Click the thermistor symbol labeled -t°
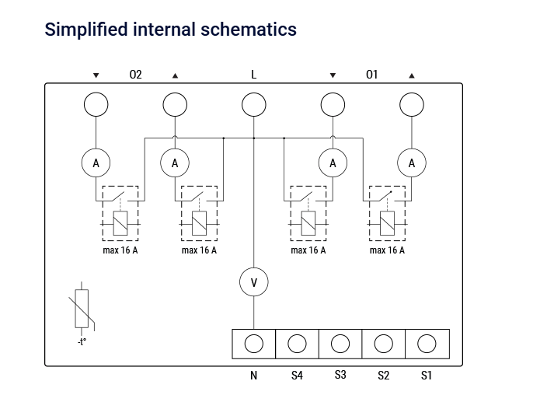pyautogui.click(x=82, y=309)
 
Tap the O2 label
pyautogui.click(x=135, y=75)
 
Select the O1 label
pyautogui.click(x=372, y=75)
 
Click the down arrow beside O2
pyautogui.click(x=96, y=75)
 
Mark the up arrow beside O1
pyautogui.click(x=412, y=75)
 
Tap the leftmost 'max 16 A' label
pyautogui.click(x=120, y=250)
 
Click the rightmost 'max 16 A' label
pyautogui.click(x=387, y=250)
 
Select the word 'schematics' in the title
pyautogui.click(x=249, y=30)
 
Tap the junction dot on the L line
pyautogui.click(x=253, y=138)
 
